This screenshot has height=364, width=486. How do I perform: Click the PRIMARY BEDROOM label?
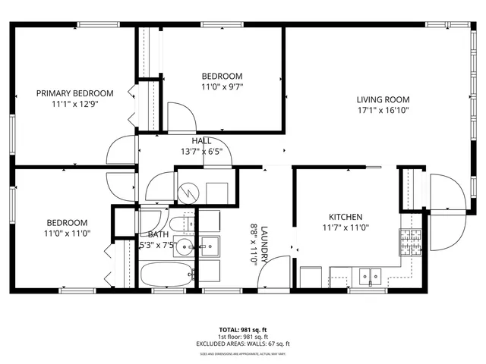pyautogui.click(x=75, y=93)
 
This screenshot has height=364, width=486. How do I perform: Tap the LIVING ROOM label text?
pyautogui.click(x=383, y=99)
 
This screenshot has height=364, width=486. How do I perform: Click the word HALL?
pyautogui.click(x=201, y=141)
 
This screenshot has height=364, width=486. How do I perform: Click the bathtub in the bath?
pyautogui.click(x=165, y=275)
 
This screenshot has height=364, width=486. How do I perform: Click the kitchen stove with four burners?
pyautogui.click(x=410, y=242)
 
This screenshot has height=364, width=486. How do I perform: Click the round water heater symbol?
pyautogui.click(x=187, y=193)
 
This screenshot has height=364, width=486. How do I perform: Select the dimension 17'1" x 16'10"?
pyautogui.click(x=383, y=111)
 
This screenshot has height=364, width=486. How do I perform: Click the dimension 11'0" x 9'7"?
pyautogui.click(x=222, y=87)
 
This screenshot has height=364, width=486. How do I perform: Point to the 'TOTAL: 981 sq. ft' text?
pyautogui.click(x=243, y=330)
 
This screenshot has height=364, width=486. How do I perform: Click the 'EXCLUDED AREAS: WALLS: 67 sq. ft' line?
pyautogui.click(x=243, y=344)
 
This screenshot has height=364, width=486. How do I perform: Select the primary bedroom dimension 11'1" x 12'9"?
pyautogui.click(x=75, y=104)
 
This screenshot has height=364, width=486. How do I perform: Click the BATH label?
pyautogui.click(x=158, y=235)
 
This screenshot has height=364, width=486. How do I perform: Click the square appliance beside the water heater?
pyautogui.click(x=216, y=193)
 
